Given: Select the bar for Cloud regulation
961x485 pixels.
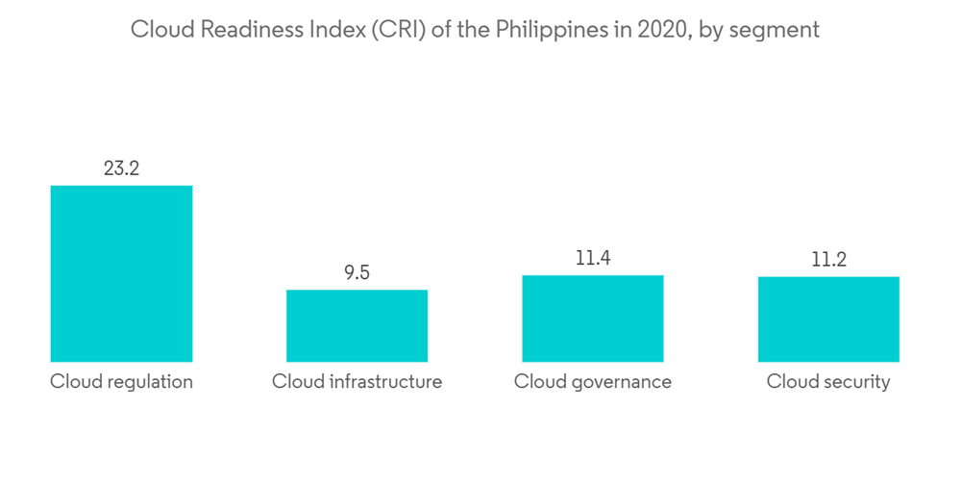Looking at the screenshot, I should click(x=121, y=273).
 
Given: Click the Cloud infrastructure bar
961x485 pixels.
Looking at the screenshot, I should click(x=357, y=325).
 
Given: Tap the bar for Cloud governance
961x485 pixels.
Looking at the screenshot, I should click(x=593, y=319).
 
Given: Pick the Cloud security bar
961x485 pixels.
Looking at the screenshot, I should click(x=828, y=319).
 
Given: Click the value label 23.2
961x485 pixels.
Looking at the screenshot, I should click(x=121, y=168).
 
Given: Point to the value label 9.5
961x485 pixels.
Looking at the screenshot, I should click(x=357, y=273).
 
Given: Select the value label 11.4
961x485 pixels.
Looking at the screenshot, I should click(x=593, y=259).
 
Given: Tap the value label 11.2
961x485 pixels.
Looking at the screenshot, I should click(x=828, y=260).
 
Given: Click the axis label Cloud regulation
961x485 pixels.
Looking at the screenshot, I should click(x=121, y=382).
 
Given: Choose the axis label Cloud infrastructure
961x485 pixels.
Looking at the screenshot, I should click(x=357, y=382).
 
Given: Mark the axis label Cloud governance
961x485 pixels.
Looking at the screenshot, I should click(x=593, y=382).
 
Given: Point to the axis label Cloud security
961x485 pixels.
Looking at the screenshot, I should click(x=828, y=382).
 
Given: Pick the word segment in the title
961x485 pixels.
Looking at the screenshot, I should click(x=775, y=30).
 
